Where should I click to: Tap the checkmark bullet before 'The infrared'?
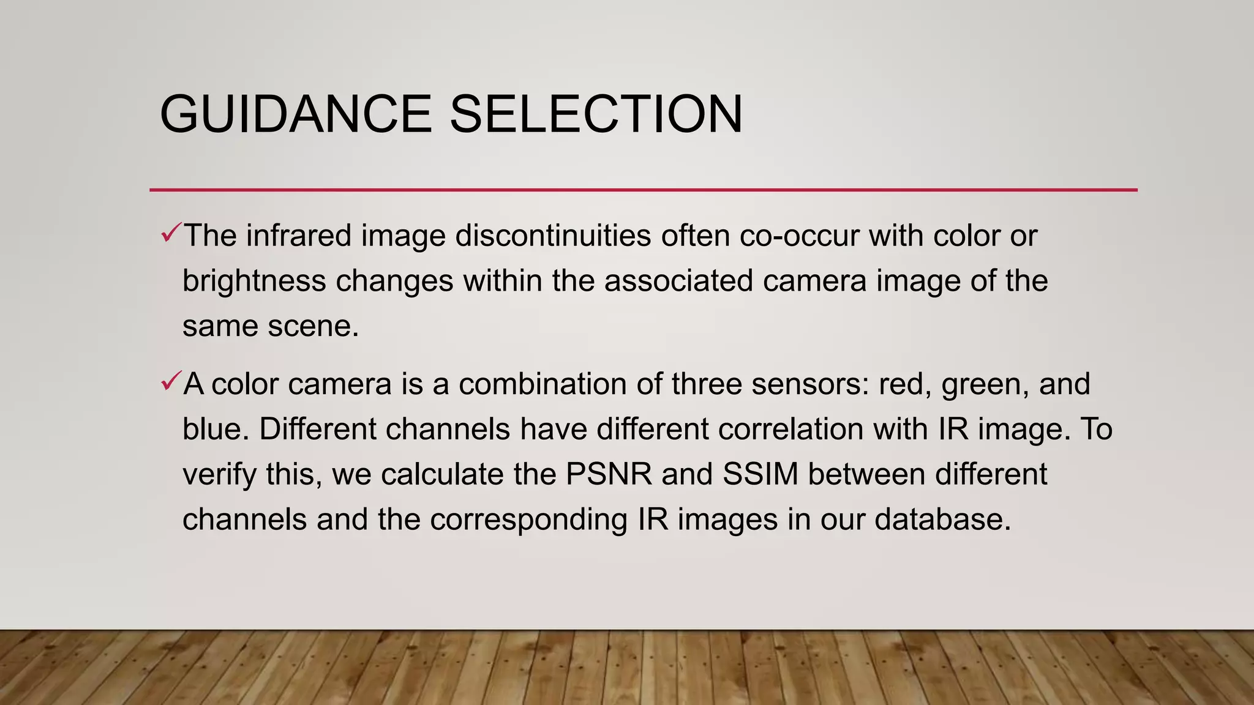coord(171,233)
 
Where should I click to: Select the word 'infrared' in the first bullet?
coord(299,236)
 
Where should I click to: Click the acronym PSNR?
coord(609,474)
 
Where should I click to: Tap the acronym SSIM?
coord(760,474)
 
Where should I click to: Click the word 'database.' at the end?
coord(942,520)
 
